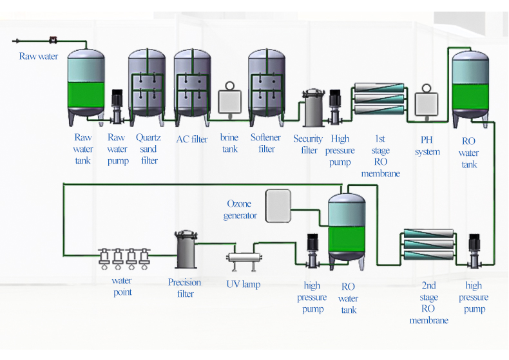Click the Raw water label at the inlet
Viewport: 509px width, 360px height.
(39, 57)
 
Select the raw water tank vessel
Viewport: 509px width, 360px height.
(86, 84)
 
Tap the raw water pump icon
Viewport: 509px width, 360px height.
(117, 106)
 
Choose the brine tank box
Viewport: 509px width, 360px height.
(229, 102)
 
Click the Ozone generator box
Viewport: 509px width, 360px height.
(278, 205)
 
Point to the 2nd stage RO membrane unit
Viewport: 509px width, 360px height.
(428, 245)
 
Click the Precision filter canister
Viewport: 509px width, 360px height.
(186, 251)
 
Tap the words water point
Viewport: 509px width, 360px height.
(122, 287)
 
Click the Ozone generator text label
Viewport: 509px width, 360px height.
(240, 210)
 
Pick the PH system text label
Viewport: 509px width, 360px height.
(427, 146)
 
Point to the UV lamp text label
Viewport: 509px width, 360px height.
(243, 284)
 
